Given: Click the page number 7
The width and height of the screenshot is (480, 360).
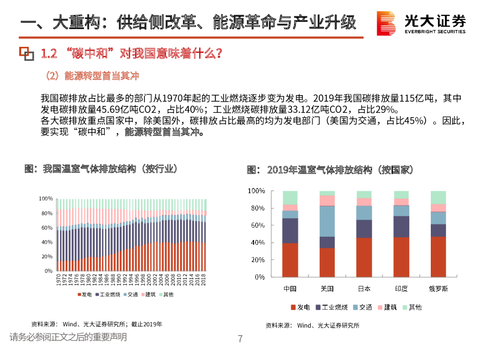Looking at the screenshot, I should [x=240, y=339].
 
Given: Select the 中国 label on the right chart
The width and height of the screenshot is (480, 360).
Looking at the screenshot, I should [x=290, y=289].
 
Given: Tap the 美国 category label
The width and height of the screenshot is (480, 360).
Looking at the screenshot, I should [x=327, y=289].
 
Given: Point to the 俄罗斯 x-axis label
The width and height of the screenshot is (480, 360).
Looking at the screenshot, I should [x=438, y=289].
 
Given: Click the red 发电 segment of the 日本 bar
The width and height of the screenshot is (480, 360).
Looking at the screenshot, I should [x=364, y=257].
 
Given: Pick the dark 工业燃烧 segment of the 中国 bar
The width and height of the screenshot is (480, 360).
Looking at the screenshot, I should [x=290, y=231].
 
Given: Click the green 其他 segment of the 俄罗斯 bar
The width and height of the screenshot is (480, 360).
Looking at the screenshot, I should [x=438, y=197].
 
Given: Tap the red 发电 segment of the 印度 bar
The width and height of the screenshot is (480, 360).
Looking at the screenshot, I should [x=401, y=257].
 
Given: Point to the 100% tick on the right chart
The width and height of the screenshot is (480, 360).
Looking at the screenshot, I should [x=256, y=191].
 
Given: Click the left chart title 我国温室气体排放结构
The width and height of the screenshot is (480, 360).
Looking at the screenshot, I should [x=101, y=169].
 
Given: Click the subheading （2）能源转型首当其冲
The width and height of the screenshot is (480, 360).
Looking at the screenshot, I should [x=92, y=76].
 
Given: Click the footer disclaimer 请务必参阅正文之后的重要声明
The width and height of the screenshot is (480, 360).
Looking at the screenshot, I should [x=68, y=337].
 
